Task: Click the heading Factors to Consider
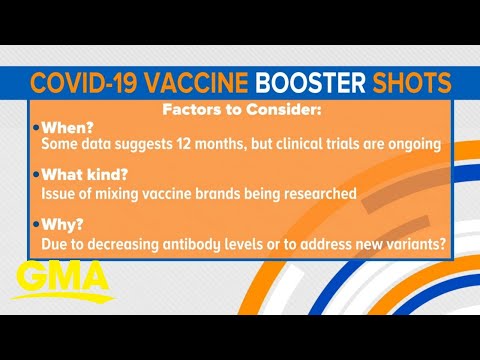pos(240,110)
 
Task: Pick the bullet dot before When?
pos(36,129)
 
